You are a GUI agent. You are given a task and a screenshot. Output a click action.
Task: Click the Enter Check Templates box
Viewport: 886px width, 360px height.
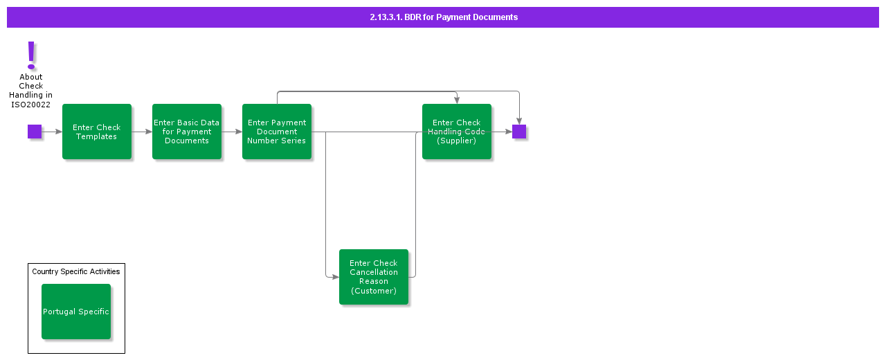point(97,132)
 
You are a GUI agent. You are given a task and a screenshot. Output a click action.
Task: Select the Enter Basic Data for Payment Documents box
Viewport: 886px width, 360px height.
point(187,132)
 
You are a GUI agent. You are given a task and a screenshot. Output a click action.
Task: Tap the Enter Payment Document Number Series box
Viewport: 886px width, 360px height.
point(277,132)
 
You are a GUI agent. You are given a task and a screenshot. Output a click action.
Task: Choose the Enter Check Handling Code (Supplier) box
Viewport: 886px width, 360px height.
point(457,132)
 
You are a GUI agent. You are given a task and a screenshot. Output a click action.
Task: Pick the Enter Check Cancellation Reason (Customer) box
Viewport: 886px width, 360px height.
point(374,277)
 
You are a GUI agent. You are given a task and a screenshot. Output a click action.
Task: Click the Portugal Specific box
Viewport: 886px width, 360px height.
point(76,312)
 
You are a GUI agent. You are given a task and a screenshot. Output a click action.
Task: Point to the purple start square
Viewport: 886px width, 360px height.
point(35,132)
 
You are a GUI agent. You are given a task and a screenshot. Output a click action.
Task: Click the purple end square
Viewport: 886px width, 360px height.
point(519,132)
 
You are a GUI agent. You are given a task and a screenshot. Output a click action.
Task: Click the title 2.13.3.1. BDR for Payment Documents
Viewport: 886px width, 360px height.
point(443,17)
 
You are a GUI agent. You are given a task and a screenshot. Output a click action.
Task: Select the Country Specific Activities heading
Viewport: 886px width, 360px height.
point(76,271)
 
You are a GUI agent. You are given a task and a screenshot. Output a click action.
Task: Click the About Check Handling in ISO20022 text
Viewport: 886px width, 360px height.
point(31,91)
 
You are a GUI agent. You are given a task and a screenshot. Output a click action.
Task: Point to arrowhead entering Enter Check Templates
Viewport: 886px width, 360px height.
point(59,132)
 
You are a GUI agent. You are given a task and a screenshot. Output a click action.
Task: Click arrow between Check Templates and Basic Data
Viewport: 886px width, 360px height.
point(142,132)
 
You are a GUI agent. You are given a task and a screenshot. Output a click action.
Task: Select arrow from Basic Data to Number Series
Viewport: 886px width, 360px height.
point(232,132)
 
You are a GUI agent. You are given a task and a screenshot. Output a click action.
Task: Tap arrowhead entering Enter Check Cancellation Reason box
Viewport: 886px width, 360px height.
point(336,277)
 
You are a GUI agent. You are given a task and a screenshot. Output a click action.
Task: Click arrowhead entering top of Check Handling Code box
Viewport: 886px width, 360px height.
point(457,101)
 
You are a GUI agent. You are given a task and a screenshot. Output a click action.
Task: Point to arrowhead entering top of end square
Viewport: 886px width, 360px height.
point(519,122)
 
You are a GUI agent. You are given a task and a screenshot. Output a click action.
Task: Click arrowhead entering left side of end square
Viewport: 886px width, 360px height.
point(509,132)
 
